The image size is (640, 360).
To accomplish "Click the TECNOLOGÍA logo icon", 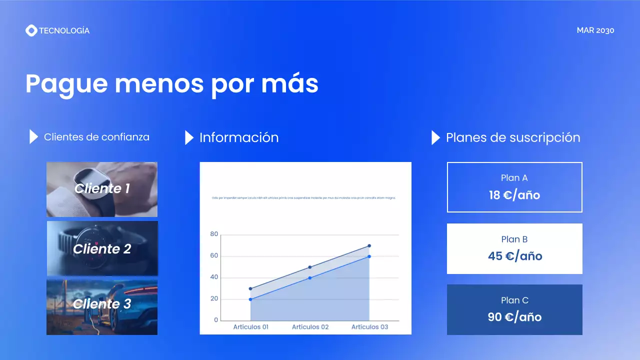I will pos(31,30).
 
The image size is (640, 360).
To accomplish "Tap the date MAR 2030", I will pos(595,30).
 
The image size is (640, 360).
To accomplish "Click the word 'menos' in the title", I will pos(159,83).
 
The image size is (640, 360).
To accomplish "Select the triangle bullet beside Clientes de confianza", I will pos(33,136).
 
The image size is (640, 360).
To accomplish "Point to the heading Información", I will pos(239,137).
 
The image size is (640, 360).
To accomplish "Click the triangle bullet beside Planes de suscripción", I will pos(435,137).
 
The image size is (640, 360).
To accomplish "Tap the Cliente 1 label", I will pos(102,188).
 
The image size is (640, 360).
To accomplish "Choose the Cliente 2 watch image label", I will pos(102,249).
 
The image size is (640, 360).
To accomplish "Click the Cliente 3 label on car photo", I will pos(102,304).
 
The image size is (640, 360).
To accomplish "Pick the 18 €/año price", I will pos(514,195).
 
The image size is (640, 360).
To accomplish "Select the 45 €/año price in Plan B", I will pos(515,256).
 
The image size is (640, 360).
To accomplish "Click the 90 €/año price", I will pos(514,317).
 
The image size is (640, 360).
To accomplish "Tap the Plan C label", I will pos(514,300).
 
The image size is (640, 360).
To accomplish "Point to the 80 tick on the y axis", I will pos(214,234).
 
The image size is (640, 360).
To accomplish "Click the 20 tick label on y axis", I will pos(214,299).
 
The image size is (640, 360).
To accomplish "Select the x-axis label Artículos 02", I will pos(310,327).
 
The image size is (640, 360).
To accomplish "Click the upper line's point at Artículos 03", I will pos(369,245).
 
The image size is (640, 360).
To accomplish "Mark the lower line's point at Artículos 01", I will pos(250,299).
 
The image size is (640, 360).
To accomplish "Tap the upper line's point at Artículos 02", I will pos(310,267).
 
